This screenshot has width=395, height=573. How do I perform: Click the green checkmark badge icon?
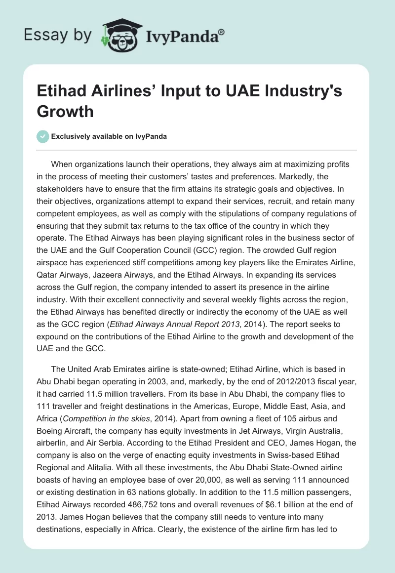click(42, 136)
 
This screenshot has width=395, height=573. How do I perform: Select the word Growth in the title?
click(65, 111)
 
